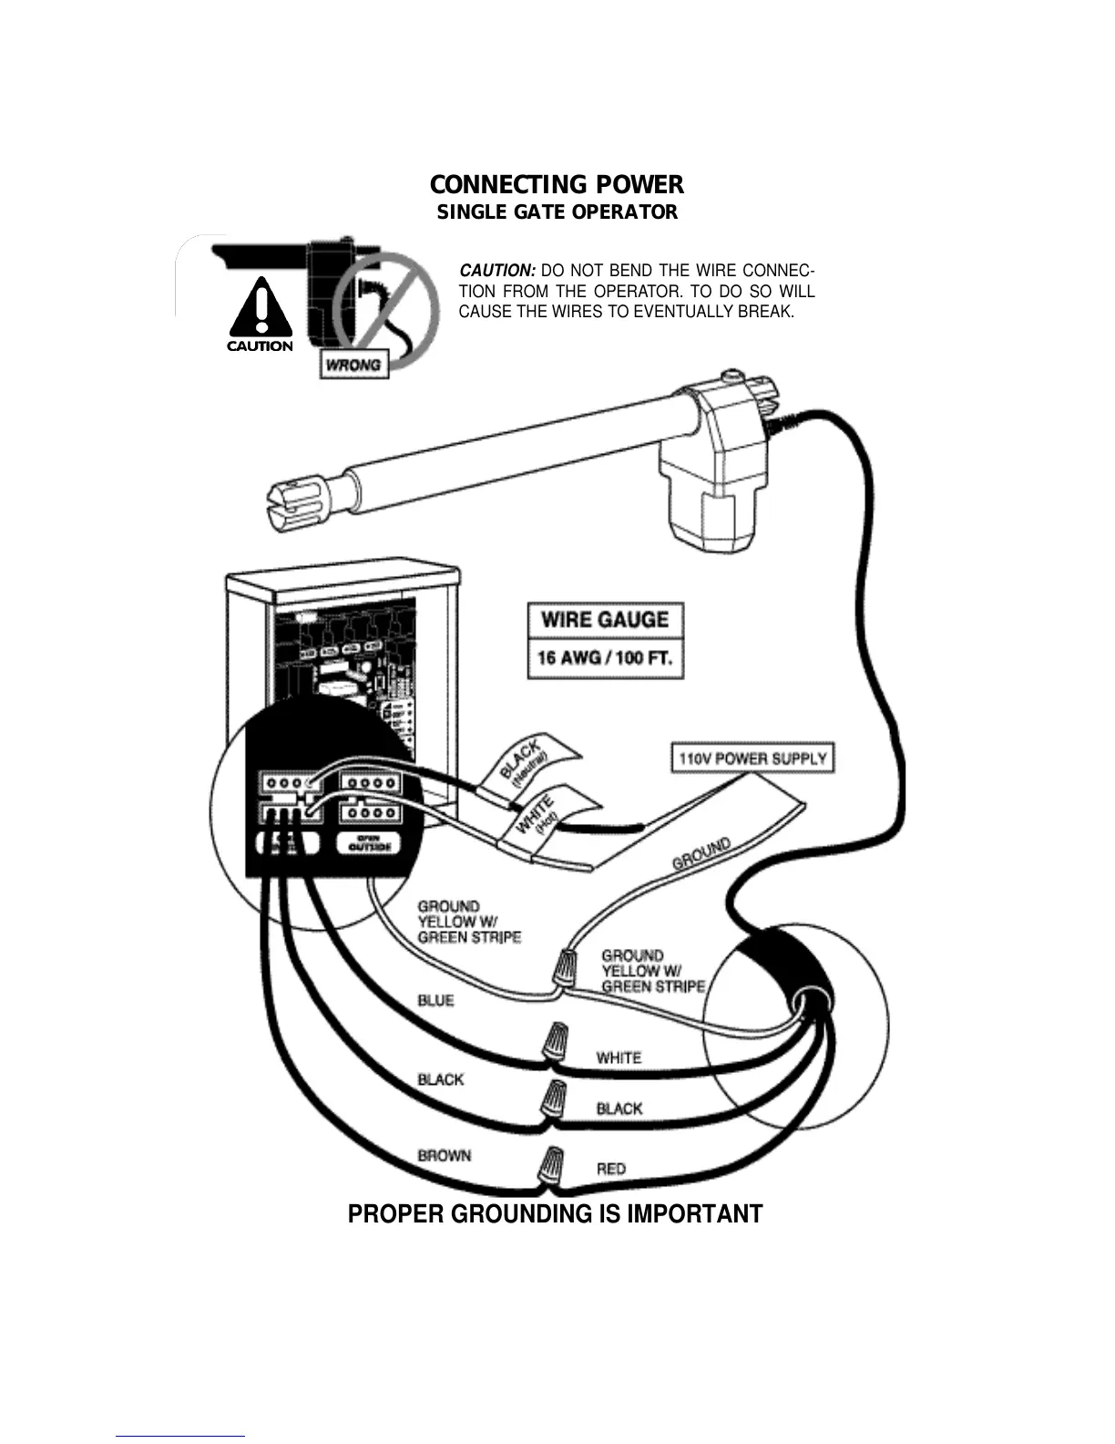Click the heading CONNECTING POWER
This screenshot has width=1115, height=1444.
click(x=557, y=185)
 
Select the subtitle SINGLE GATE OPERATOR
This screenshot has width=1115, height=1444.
click(x=557, y=212)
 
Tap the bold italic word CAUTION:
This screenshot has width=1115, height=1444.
click(x=496, y=271)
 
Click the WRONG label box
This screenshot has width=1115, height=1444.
click(x=353, y=365)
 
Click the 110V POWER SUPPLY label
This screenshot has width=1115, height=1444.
click(x=752, y=758)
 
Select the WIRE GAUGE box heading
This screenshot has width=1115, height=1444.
click(x=605, y=620)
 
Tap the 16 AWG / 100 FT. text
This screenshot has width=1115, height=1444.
click(x=605, y=658)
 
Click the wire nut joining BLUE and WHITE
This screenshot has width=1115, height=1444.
click(x=552, y=1041)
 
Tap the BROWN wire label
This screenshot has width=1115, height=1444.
click(x=445, y=1155)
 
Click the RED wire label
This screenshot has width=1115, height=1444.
click(x=611, y=1168)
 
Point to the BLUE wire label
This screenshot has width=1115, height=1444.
click(x=435, y=1000)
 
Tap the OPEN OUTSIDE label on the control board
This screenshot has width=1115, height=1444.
click(x=369, y=844)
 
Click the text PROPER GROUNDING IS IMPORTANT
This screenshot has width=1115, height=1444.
click(x=555, y=1214)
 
